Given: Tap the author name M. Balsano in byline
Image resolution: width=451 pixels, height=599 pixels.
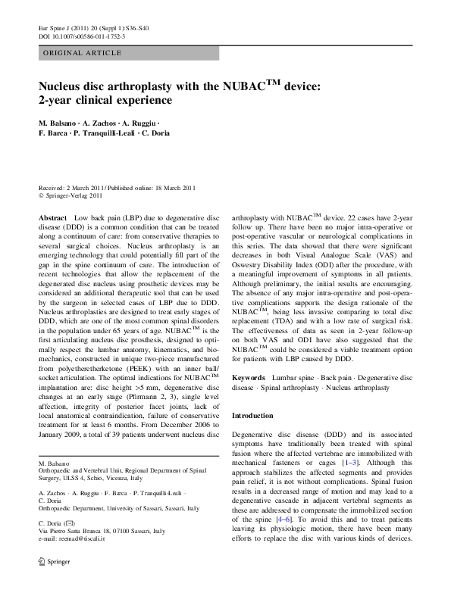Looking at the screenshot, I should tap(59, 122).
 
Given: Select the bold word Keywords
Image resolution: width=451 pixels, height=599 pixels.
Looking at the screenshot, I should tap(248, 376).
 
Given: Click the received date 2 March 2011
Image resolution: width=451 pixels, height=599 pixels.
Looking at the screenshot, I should tap(84, 187).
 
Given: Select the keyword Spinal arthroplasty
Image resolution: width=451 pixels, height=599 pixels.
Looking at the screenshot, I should tap(285, 387).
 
